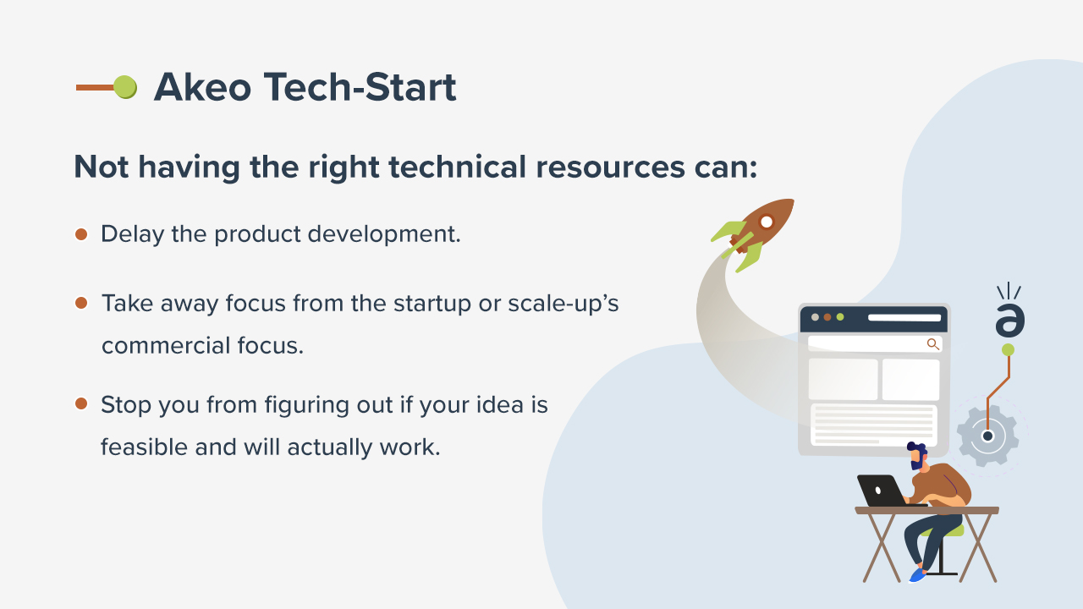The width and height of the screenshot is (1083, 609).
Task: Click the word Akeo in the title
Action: point(203,86)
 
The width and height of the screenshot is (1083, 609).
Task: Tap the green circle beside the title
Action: point(125,86)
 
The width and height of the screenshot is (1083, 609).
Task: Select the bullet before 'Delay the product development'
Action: point(81,234)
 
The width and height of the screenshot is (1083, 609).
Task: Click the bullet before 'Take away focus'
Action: point(81,303)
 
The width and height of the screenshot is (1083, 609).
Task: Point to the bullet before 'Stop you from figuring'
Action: point(81,403)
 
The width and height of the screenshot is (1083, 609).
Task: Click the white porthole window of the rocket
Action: point(767,222)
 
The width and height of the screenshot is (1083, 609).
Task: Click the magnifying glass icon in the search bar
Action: point(932,343)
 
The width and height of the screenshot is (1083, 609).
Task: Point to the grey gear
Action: point(987,436)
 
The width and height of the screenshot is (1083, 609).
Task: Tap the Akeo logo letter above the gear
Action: point(1009,321)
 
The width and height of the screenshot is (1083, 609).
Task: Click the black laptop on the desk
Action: point(880,491)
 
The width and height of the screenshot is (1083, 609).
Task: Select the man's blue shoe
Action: point(917,575)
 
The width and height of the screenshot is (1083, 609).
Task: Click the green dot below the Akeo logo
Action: point(1008,349)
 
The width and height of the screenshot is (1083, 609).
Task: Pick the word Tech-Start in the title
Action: point(360,86)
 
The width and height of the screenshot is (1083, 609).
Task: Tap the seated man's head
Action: point(917,455)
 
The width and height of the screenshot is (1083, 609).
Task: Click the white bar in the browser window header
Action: point(904,318)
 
